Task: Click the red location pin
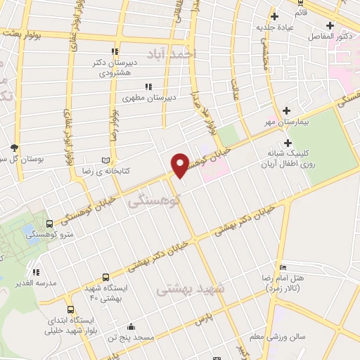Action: point(181,164)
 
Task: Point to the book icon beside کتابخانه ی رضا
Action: point(106,161)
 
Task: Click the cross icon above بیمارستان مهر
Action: point(286,110)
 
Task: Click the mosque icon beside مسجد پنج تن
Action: point(131,326)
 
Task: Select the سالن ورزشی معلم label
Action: point(281,337)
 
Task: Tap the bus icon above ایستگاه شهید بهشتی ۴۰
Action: point(105,278)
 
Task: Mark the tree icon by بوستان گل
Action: point(15,147)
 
